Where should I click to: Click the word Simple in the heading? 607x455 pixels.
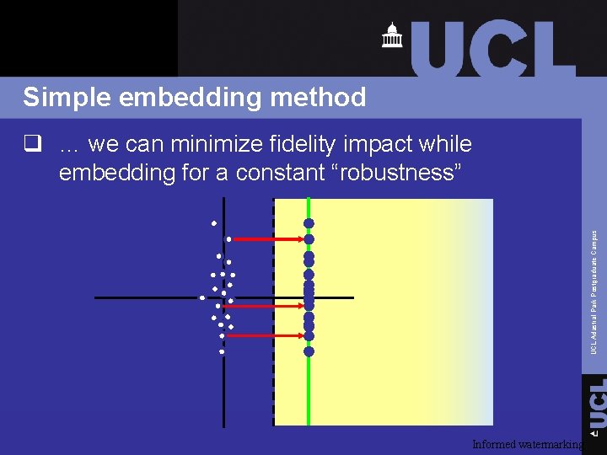click(x=67, y=98)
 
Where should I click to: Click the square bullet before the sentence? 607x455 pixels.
click(x=34, y=145)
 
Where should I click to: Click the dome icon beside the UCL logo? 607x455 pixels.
click(x=391, y=35)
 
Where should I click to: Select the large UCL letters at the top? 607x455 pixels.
click(x=493, y=48)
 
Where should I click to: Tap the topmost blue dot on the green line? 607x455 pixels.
click(x=309, y=223)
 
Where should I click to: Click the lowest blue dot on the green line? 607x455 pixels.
click(x=309, y=351)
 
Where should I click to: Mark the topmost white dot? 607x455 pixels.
click(x=214, y=223)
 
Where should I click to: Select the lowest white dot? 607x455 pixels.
click(x=221, y=351)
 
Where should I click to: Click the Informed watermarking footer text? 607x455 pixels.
click(x=527, y=444)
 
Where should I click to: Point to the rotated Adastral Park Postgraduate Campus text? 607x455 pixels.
click(x=594, y=292)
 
